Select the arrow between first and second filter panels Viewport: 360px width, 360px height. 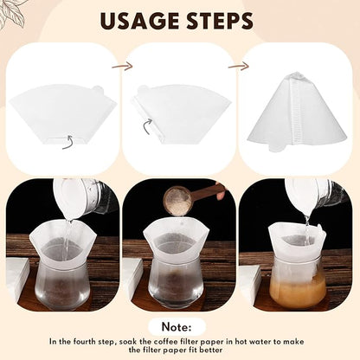123,65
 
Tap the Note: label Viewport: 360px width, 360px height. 180,325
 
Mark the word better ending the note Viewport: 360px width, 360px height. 233,350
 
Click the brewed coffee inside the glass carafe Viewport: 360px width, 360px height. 297,288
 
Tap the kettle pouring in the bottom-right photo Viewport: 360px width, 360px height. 316,194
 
